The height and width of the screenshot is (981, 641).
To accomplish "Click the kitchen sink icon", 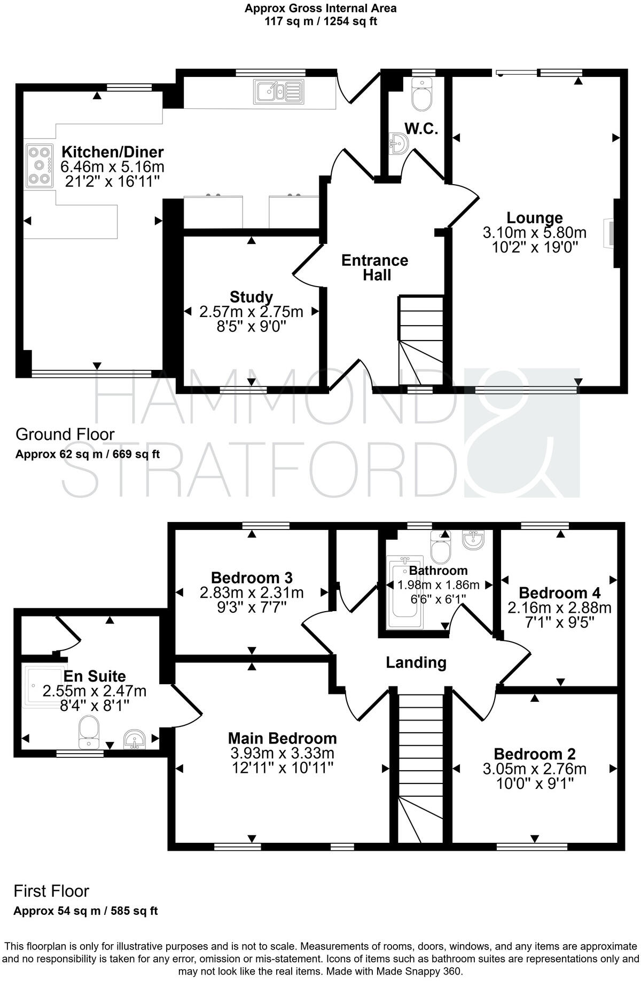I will point(278,91).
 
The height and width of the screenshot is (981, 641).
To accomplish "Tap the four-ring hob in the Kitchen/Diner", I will point(39,165).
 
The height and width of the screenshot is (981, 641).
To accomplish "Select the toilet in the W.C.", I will point(423,95).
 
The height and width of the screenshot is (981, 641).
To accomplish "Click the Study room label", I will point(251,297).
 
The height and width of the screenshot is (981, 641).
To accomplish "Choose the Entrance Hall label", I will point(374,267).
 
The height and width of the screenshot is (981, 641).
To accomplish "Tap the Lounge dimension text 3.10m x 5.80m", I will point(534,233).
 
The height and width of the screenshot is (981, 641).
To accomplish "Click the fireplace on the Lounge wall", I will point(608,233).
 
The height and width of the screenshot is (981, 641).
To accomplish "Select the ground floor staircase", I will point(421,339).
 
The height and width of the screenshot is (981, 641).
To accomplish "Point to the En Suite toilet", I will point(89,732).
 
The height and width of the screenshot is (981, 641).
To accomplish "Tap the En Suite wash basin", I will point(136,739).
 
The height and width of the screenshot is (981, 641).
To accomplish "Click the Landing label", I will point(416,662).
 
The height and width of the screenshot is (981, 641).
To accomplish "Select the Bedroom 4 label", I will point(559,592).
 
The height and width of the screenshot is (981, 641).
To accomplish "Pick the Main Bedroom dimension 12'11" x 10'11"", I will point(282,768).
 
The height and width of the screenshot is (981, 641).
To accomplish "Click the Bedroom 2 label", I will point(535,754).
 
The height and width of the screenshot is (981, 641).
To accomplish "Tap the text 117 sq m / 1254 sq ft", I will point(320,21).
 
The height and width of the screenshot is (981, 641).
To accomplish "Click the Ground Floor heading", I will point(65,434).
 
